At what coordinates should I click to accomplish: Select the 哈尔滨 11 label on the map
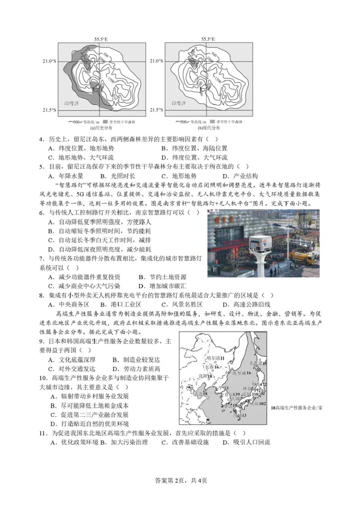tap(215, 358)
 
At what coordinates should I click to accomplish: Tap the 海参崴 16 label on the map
tap(242, 373)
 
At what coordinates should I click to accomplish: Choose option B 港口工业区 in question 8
tap(117, 305)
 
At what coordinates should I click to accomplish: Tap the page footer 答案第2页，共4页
tap(180, 480)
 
